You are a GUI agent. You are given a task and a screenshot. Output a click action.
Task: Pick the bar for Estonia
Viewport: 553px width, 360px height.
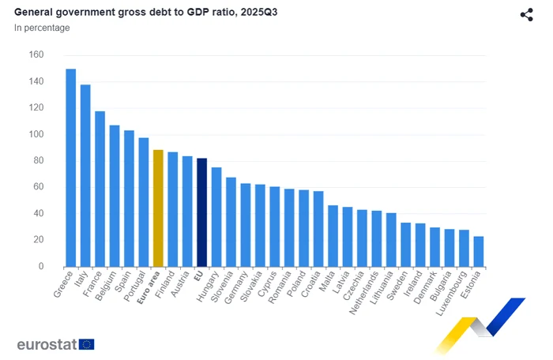point(479,251)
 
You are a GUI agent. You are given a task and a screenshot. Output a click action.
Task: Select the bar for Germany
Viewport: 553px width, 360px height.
point(246,224)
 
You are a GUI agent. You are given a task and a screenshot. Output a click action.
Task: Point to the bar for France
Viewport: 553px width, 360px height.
point(100,189)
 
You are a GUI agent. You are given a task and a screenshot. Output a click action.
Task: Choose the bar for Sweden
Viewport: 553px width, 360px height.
point(406,244)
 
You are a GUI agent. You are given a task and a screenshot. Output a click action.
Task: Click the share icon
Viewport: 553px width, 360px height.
point(527,14)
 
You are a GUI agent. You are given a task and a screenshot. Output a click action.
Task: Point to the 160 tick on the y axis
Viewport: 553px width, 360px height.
point(36,55)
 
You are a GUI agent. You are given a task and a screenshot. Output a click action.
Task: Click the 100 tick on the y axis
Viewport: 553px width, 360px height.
point(36,134)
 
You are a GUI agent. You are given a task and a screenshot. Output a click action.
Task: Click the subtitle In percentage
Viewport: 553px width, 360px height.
point(42,28)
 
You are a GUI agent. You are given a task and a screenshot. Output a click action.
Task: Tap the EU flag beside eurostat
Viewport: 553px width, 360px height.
point(87,344)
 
